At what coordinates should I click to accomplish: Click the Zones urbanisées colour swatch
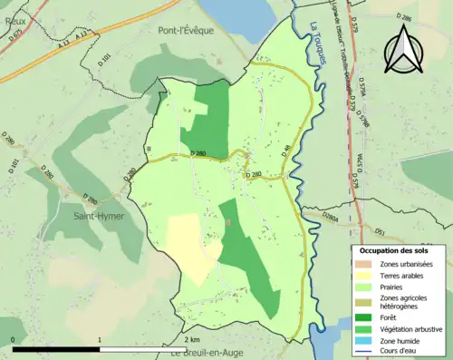(363, 263)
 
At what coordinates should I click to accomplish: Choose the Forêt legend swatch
(363, 317)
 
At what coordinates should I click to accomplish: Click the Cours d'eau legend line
(363, 354)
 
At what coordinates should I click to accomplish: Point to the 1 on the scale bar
(99, 338)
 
